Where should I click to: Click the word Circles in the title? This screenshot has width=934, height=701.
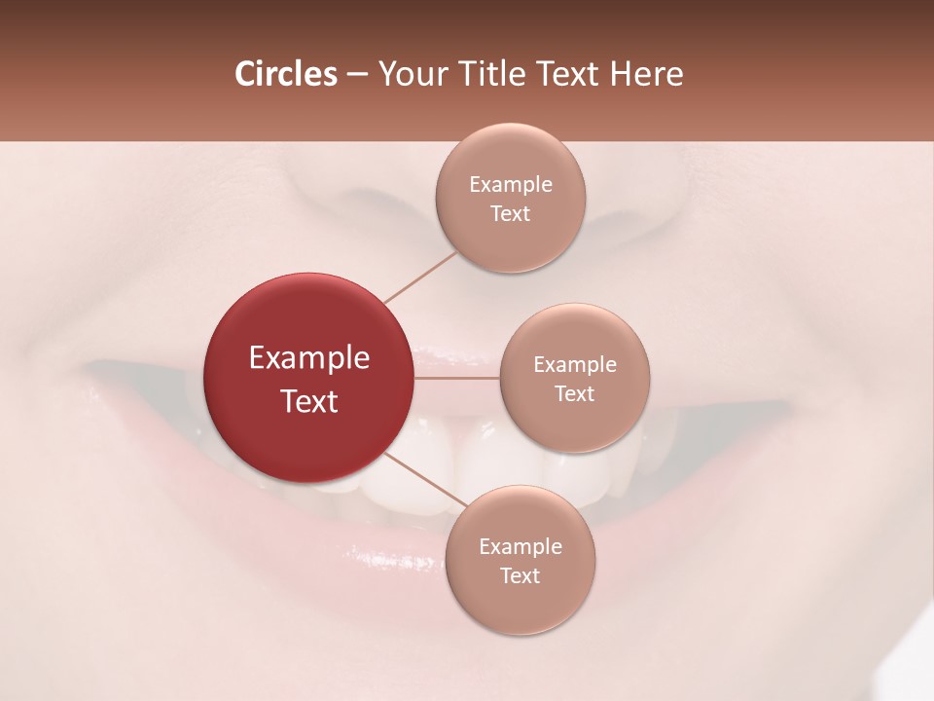pyautogui.click(x=285, y=74)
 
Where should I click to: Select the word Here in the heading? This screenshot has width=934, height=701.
pyautogui.click(x=646, y=74)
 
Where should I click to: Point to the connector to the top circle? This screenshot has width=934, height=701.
pyautogui.click(x=419, y=277)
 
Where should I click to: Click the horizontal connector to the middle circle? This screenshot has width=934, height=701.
pyautogui.click(x=456, y=378)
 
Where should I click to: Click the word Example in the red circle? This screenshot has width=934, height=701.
pyautogui.click(x=308, y=358)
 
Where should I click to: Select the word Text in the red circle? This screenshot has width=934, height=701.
pyautogui.click(x=308, y=401)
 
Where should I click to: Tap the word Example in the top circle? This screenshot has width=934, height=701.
pyautogui.click(x=510, y=185)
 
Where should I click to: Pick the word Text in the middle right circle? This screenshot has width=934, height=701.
pyautogui.click(x=575, y=393)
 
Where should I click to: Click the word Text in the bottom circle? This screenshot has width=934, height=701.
pyautogui.click(x=520, y=575)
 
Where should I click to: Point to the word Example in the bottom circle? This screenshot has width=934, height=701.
pyautogui.click(x=520, y=546)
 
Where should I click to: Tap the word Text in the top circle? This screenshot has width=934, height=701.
pyautogui.click(x=510, y=213)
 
